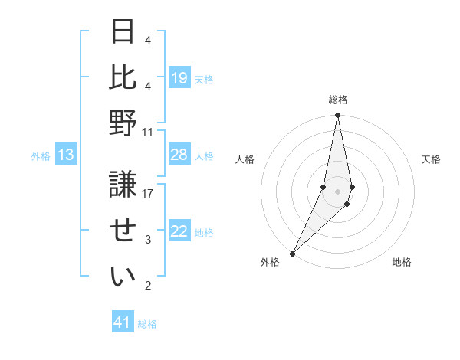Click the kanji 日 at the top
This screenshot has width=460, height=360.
pyautogui.click(x=123, y=31)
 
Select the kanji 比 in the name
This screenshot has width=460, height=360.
pyautogui.click(x=123, y=77)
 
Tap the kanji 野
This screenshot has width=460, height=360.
pyautogui.click(x=123, y=123)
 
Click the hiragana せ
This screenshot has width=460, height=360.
pyautogui.click(x=123, y=231)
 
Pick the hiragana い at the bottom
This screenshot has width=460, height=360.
pyautogui.click(x=123, y=277)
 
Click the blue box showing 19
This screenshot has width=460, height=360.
pyautogui.click(x=179, y=77)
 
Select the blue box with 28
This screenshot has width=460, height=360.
pyautogui.click(x=179, y=155)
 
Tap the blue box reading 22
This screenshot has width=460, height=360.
pyautogui.click(x=179, y=232)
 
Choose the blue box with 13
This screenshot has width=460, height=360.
pyautogui.click(x=66, y=155)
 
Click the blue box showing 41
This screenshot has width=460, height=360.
pyautogui.click(x=123, y=322)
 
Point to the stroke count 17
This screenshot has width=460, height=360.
pyautogui.click(x=148, y=194)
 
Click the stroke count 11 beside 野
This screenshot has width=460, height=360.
pyautogui.click(x=148, y=132)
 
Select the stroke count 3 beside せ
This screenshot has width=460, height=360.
pyautogui.click(x=148, y=240)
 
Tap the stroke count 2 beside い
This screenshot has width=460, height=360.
pyautogui.click(x=148, y=286)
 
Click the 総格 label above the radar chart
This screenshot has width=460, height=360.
pyautogui.click(x=338, y=100)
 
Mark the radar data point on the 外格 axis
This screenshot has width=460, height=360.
pyautogui.click(x=292, y=254)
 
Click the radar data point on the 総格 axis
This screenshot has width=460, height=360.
pyautogui.click(x=337, y=116)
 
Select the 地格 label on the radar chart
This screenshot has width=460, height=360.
pyautogui.click(x=402, y=262)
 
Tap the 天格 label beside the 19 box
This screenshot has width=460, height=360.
pyautogui.click(x=205, y=79)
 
